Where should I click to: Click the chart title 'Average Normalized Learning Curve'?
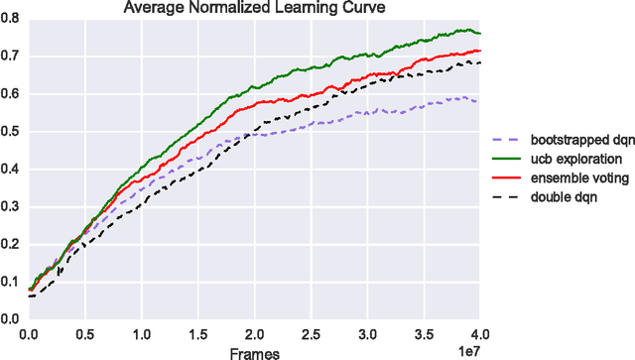coord(253,8)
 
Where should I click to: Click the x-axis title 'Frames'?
coord(254,351)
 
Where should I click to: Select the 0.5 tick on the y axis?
coord(11,132)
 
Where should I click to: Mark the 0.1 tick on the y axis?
coord(11,282)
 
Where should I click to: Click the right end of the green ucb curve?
coord(480,33)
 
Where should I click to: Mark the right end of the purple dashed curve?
coord(480,101)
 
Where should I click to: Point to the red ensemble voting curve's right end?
coord(480,51)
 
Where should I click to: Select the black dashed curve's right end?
coord(480,62)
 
